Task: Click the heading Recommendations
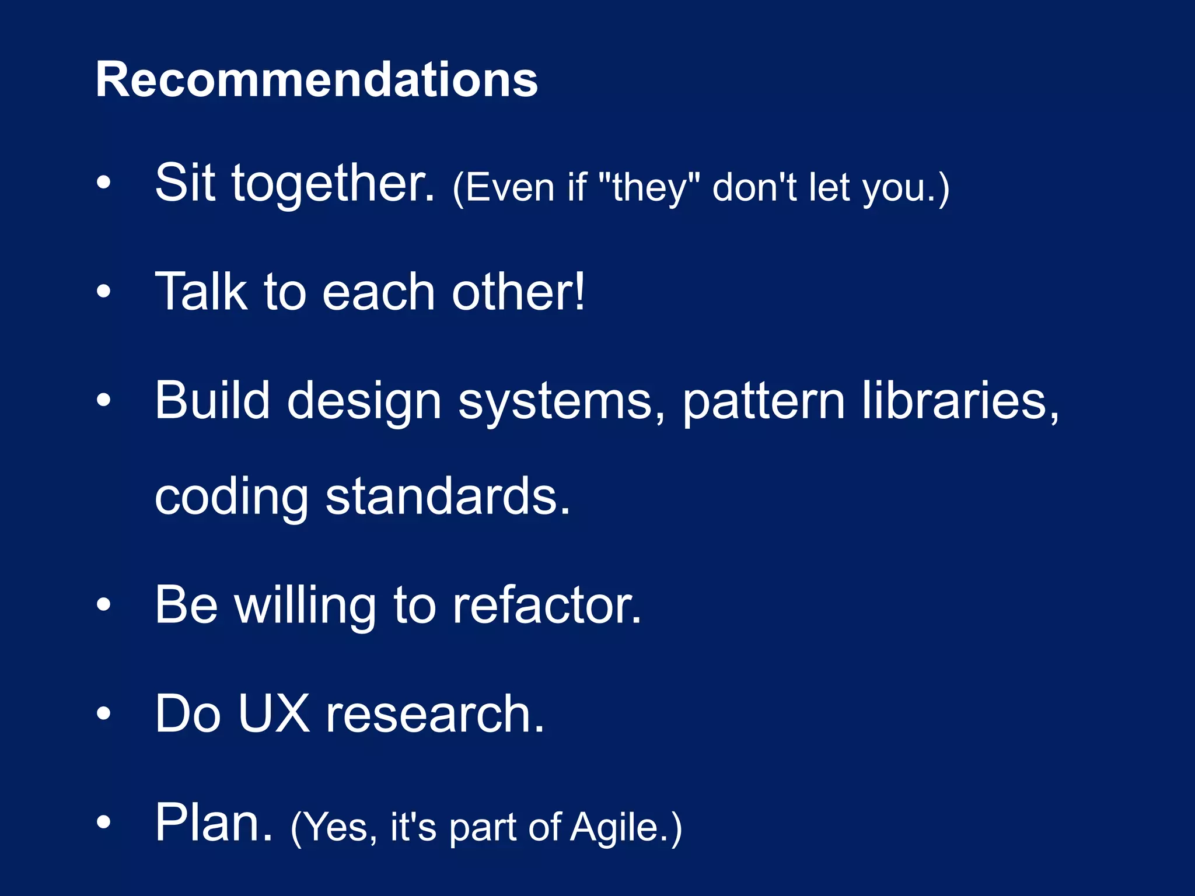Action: (x=316, y=80)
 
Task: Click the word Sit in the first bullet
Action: (x=185, y=183)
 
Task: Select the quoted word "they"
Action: (x=649, y=188)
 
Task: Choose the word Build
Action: (x=212, y=401)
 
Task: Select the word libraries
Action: (x=960, y=401)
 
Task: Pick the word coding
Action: (x=231, y=498)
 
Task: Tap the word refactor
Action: (x=547, y=605)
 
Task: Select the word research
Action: (x=435, y=715)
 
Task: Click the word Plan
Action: (x=214, y=822)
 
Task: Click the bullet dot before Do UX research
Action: (x=103, y=713)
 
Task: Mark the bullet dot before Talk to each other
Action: (x=103, y=291)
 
